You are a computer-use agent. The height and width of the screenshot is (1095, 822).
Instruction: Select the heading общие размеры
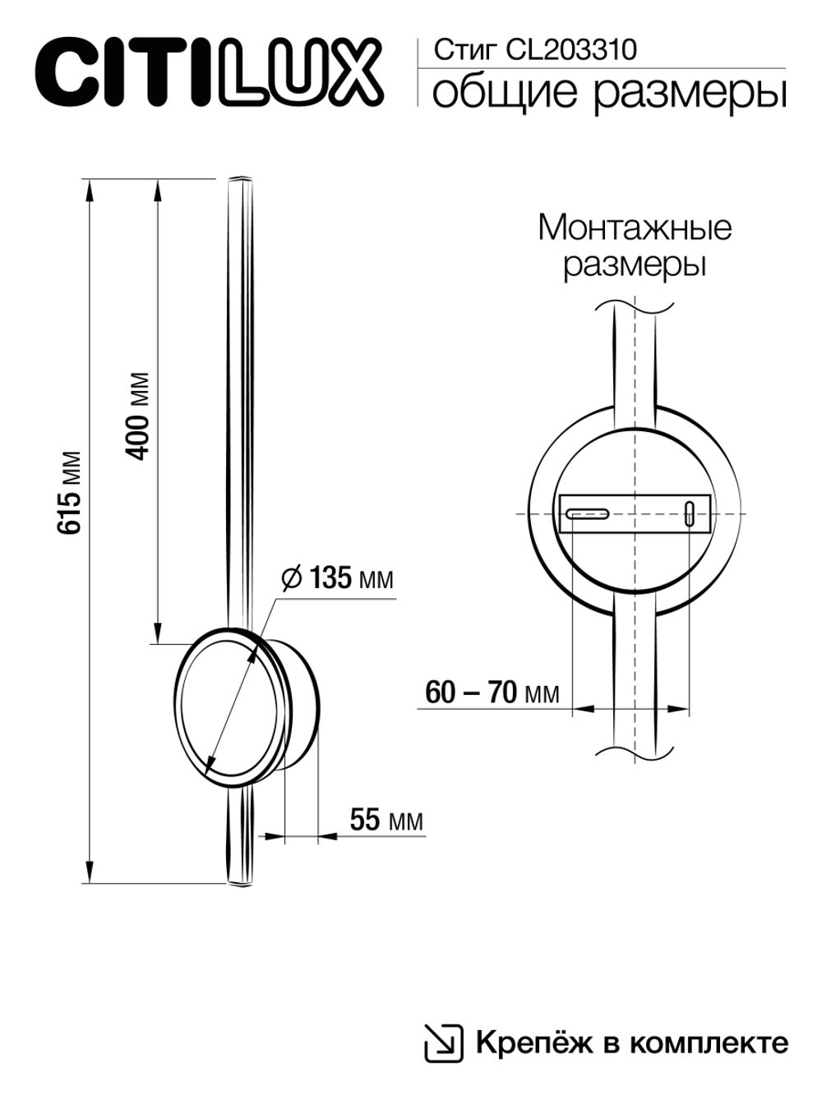coord(608,92)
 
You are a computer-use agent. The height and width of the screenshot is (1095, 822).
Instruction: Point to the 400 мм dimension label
coord(140,416)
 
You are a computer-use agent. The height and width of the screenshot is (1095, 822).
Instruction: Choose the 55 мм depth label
coord(386,820)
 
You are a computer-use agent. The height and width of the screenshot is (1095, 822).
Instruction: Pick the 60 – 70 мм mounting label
coord(492,692)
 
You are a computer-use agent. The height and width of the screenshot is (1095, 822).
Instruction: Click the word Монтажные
coord(635,228)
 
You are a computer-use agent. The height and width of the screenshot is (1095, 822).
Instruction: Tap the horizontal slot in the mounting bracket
coord(587,514)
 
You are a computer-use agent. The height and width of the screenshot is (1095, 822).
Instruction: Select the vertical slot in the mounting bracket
coord(689,514)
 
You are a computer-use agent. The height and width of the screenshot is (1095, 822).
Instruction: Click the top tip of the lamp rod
coord(238,180)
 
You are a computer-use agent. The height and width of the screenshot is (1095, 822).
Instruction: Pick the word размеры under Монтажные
coord(635,266)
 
